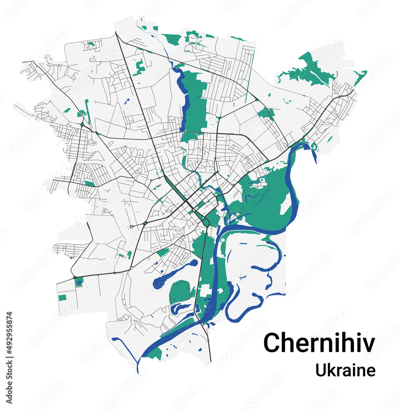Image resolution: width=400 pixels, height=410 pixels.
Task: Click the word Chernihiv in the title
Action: click(x=319, y=342)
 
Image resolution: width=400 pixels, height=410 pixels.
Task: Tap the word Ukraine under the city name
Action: click(x=345, y=370)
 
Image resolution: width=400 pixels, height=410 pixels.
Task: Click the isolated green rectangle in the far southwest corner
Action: click(x=62, y=298)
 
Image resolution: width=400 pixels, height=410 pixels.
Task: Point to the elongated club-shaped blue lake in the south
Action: click(x=172, y=274)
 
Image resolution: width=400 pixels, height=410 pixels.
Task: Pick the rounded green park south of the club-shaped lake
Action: click(x=180, y=292)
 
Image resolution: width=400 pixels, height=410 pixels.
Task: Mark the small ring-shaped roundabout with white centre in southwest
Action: click(x=131, y=227)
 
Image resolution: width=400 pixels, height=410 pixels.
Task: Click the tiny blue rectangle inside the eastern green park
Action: click(x=261, y=180)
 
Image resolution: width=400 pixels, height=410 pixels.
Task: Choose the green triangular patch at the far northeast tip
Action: click(x=360, y=77)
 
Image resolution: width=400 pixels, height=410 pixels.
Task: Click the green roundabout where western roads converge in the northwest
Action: click(x=82, y=124)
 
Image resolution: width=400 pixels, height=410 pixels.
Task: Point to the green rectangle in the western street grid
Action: click(x=89, y=183)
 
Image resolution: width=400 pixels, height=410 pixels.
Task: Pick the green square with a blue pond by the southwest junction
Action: click(x=79, y=281)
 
